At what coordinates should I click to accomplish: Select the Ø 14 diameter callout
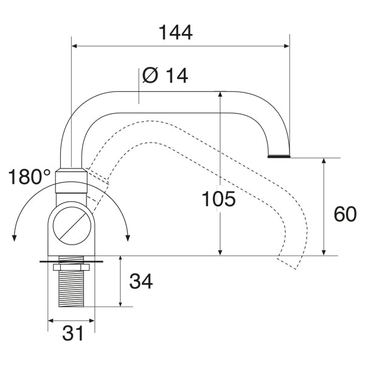(x=165, y=75)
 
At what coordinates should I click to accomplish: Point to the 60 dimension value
(x=345, y=214)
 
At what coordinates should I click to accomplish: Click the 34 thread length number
(x=141, y=280)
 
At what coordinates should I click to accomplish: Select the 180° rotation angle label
(x=30, y=178)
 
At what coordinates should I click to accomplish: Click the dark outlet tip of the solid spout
(x=279, y=156)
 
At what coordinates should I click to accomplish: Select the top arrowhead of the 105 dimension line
(x=220, y=95)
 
